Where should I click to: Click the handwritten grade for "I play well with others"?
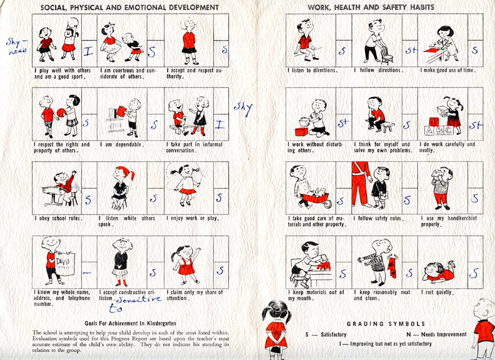coord(88,52)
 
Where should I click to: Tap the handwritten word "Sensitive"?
coord(139,299)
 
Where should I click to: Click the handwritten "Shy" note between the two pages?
coord(243,109)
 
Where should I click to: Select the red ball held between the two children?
coord(61,112)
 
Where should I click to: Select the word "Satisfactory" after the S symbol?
coord(334,334)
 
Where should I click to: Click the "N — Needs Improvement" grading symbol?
coord(436,334)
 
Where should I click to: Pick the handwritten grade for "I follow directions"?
coord(411,50)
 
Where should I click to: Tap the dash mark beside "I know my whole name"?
coord(87,273)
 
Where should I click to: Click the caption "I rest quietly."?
coord(437,292)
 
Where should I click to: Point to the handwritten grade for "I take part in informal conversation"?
coord(220,125)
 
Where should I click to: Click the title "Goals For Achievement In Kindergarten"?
coord(131,323)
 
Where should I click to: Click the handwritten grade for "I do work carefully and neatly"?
coord(476,126)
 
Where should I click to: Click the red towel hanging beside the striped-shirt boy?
coord(392,267)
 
